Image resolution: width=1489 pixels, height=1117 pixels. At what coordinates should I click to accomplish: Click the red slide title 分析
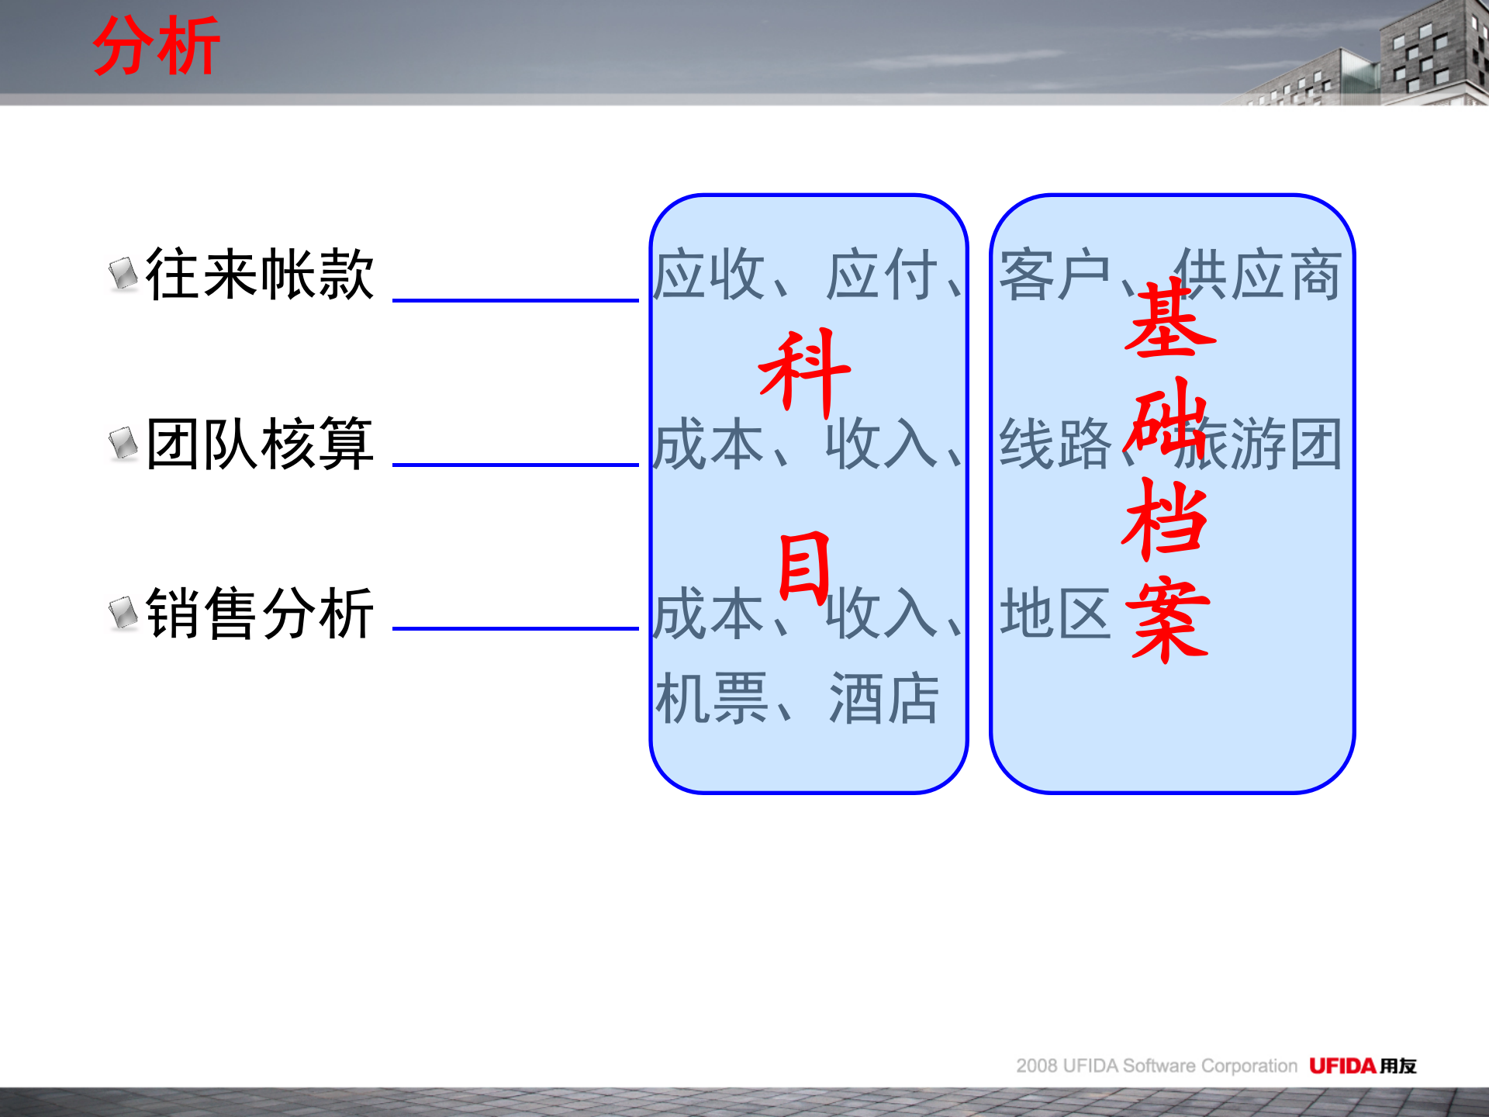157,47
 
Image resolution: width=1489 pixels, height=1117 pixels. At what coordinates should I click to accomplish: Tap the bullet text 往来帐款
260,274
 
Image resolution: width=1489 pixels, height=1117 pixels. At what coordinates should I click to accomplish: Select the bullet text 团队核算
260,444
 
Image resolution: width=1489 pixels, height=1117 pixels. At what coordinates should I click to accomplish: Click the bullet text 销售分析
260,613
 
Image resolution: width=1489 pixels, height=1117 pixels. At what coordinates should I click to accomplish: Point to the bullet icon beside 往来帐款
123,274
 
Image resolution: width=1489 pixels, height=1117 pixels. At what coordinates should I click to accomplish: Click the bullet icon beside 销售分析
123,613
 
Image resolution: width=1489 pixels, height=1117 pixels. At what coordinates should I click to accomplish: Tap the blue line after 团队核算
515,465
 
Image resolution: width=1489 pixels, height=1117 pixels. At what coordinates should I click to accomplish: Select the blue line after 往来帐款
515,300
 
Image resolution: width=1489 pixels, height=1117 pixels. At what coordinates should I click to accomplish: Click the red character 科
805,372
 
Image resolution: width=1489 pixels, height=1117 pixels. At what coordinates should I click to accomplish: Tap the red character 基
1169,320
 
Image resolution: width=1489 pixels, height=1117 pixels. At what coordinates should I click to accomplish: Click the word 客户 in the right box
1055,275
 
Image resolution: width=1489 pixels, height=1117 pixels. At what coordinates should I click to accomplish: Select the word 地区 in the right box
1055,613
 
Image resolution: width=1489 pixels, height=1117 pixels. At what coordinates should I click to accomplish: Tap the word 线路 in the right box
1055,444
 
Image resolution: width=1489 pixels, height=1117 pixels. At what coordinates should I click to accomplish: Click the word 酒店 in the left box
884,698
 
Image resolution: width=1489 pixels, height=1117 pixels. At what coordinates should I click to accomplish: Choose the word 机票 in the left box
711,698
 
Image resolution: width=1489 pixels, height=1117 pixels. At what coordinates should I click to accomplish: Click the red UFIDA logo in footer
1342,1066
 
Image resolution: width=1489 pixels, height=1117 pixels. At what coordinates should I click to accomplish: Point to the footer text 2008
1037,1066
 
